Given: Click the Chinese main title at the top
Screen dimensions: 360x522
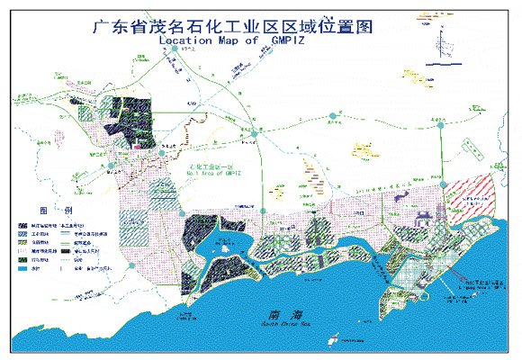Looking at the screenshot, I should [232, 25].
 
